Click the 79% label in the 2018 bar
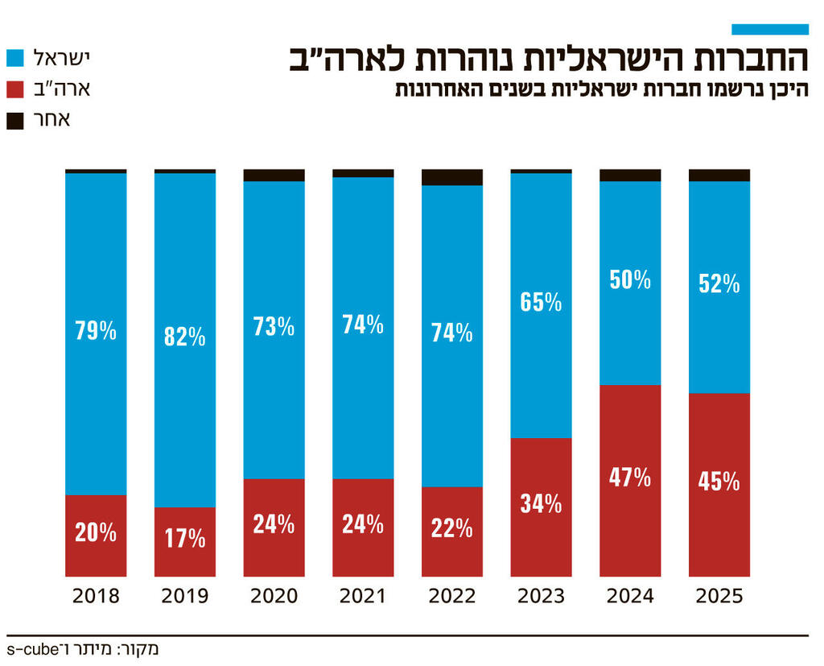click(96, 330)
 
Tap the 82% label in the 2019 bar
click(185, 337)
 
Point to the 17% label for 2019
click(185, 538)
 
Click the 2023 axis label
click(541, 597)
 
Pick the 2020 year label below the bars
click(274, 597)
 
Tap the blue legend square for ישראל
click(17, 58)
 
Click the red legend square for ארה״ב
click(17, 89)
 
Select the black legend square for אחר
click(17, 120)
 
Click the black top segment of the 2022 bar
click(452, 177)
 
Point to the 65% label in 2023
click(541, 302)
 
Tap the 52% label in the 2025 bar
click(719, 283)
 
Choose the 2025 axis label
click(719, 597)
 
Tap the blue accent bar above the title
click(769, 29)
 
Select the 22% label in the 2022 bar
click(452, 527)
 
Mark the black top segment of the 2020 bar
click(274, 175)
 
